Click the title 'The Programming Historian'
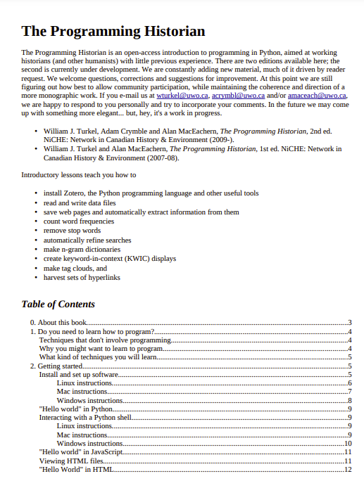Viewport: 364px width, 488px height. tap(113, 32)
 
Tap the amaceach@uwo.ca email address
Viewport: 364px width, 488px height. tap(315, 95)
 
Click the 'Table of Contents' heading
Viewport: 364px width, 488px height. tap(58, 304)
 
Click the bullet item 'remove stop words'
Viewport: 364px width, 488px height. tap(72, 231)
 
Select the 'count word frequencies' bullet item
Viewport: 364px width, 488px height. tap(79, 221)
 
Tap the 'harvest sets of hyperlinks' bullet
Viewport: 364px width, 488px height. tap(82, 278)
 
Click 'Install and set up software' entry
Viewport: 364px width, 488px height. tap(78, 375)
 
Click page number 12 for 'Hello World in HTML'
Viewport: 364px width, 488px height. tap(347, 469)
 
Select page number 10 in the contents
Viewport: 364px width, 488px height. tap(347, 443)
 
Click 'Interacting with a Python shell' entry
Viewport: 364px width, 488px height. tap(85, 418)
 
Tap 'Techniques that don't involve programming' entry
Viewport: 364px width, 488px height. tap(105, 340)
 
